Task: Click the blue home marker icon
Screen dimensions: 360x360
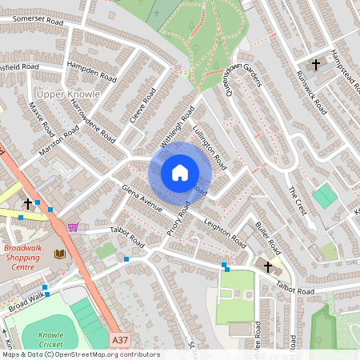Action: pos(180,172)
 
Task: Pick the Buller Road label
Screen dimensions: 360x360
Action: pos(266,233)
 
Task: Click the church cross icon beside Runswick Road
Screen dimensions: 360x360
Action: pos(315,63)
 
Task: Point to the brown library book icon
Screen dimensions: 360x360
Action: pos(59,254)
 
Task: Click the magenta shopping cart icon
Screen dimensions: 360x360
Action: pos(74,227)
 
